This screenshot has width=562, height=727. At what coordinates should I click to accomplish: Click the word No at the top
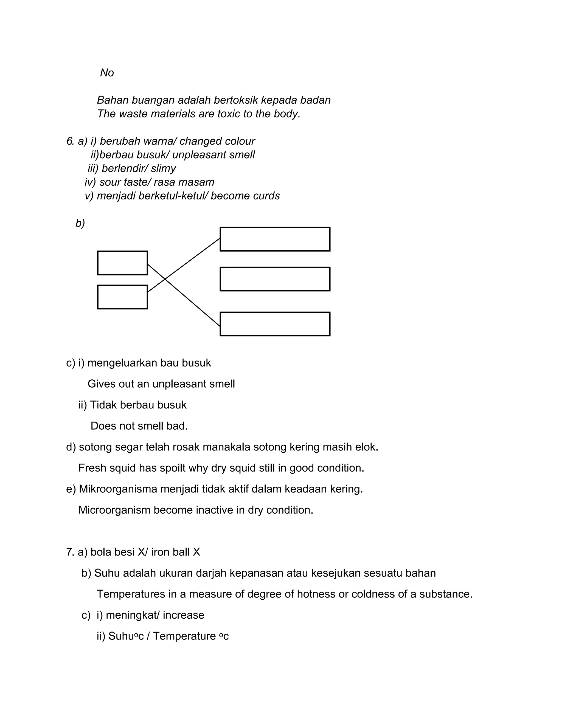[x=107, y=73]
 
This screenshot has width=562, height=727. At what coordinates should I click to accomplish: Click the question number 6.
[x=70, y=141]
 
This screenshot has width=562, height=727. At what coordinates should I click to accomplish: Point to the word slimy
[x=163, y=168]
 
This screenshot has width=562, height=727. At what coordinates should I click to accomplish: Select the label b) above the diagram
[x=80, y=223]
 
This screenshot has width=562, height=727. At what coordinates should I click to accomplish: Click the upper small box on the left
[x=122, y=263]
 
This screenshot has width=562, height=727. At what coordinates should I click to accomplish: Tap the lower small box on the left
[x=122, y=297]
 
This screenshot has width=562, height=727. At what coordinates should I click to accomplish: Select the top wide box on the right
[x=275, y=239]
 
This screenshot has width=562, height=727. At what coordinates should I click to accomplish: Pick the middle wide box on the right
[x=275, y=279]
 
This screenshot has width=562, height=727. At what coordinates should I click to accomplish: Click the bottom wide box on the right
[x=275, y=324]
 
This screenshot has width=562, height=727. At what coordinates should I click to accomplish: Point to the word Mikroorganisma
[x=117, y=489]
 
